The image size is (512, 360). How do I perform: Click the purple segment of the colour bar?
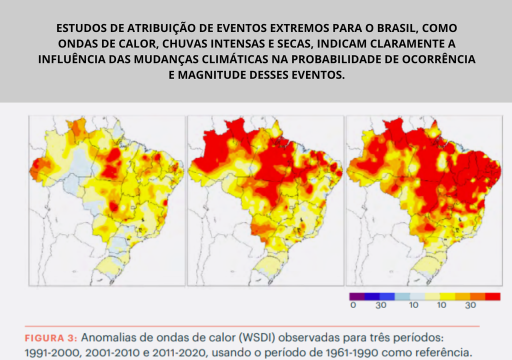coord(356,296)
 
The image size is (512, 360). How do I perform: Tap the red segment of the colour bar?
coord(492,296)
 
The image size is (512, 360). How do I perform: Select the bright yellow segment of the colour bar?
coord(447,296)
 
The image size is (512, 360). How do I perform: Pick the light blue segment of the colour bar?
coord(401,296)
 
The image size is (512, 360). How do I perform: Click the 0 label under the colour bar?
coord(353,305)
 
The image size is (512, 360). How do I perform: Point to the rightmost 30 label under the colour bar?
coord(470,305)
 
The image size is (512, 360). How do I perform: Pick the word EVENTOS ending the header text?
coord(316,75)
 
